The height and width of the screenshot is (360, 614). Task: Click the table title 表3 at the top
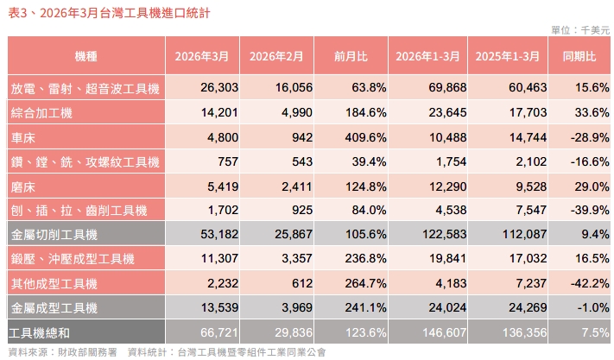tap(108, 14)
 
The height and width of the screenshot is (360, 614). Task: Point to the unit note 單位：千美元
tap(579, 30)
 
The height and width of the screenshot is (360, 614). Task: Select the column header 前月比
tap(351, 56)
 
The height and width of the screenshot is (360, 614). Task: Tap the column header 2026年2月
tap(276, 56)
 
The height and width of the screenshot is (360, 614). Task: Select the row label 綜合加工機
tap(41, 113)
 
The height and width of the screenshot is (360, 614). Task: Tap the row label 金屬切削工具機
tap(54, 234)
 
